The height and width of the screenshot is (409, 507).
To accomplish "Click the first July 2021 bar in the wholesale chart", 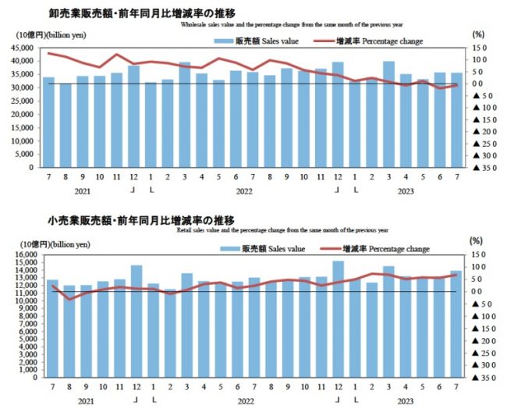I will [x=49, y=122].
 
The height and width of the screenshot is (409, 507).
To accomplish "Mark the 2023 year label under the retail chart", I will [x=406, y=400].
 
